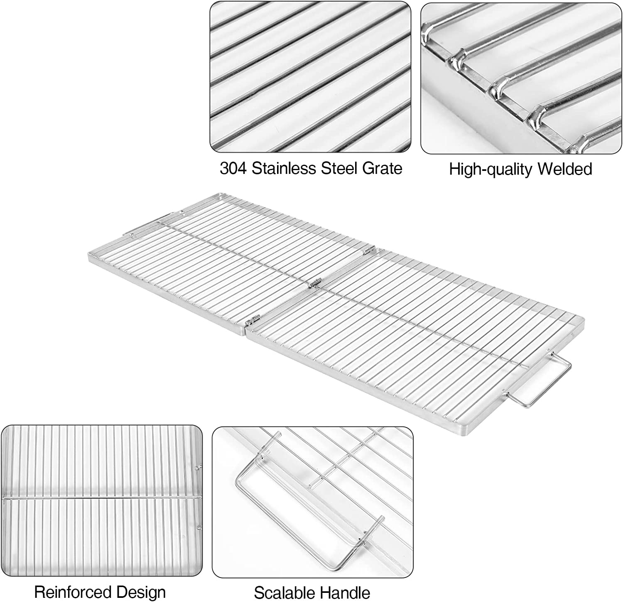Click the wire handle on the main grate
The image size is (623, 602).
[540, 386]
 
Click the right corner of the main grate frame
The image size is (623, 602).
[584, 320]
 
